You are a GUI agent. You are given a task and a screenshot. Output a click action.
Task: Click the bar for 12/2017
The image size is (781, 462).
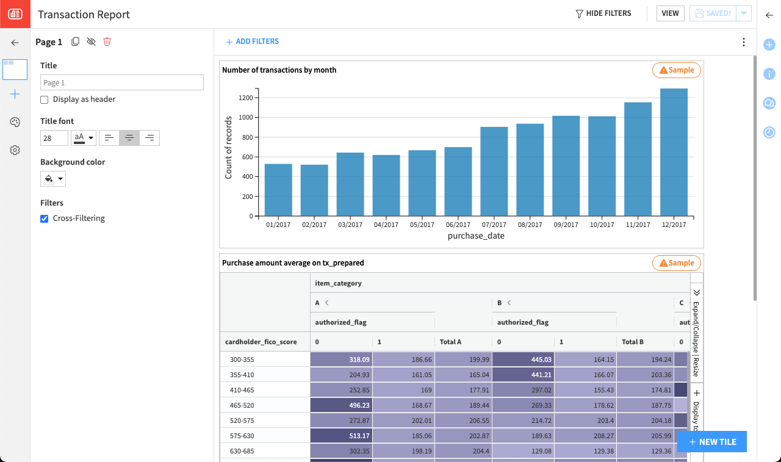(674, 153)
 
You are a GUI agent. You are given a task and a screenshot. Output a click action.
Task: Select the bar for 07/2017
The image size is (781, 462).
(494, 171)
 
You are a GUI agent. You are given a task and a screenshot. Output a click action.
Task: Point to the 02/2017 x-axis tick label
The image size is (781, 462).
(314, 225)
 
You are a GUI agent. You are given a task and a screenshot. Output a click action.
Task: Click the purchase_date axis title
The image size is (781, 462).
(476, 236)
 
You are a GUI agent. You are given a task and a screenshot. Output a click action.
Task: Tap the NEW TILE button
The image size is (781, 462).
(711, 442)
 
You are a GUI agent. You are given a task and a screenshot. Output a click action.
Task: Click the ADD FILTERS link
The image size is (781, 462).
(252, 42)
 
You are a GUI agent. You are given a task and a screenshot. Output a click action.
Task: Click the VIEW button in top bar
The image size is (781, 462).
(670, 13)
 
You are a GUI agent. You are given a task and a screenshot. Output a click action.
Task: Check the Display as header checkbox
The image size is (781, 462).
(45, 99)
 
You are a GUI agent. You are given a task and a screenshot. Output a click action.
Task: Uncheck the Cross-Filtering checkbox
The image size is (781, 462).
(45, 218)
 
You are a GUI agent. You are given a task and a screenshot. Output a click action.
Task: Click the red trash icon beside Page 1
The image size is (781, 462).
(107, 42)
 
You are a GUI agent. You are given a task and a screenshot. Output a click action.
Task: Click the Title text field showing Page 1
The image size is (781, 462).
(122, 82)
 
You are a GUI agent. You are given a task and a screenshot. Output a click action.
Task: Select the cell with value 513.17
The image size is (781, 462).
(341, 436)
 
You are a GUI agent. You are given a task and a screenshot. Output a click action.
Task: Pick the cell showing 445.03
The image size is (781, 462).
(523, 359)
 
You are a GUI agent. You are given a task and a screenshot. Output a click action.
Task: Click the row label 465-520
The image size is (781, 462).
(242, 405)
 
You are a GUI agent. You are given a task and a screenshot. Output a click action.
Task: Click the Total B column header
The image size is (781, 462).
(632, 342)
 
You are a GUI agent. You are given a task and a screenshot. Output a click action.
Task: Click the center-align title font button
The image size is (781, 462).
(129, 138)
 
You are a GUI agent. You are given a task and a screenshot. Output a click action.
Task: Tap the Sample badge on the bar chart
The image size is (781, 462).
(677, 70)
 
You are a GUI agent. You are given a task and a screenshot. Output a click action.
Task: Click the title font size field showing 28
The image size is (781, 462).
(54, 138)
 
